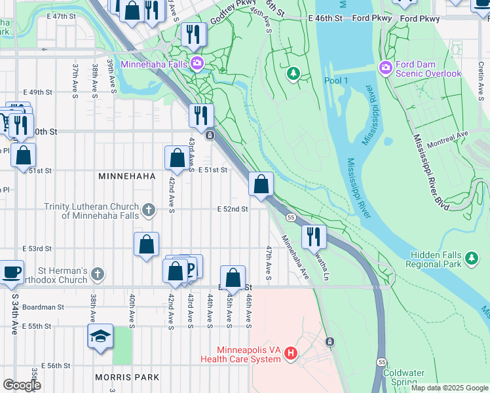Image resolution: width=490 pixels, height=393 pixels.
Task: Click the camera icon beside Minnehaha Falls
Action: pos(196,64)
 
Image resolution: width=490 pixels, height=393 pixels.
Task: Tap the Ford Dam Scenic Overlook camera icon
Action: pos(385,67)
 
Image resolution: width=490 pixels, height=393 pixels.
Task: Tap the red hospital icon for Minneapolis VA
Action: pos(291,354)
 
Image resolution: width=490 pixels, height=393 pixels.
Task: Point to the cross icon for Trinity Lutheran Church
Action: pos(149,210)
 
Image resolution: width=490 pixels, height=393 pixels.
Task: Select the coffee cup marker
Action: pos(11,272)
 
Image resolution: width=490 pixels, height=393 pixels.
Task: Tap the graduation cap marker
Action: pos(100,337)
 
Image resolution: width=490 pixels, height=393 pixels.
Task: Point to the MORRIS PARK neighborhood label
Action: pos(127,377)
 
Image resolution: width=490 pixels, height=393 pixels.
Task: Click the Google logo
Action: pos(22,384)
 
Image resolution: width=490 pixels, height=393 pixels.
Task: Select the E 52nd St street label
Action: pos(233,209)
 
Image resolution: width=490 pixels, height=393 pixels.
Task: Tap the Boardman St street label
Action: pos(43,307)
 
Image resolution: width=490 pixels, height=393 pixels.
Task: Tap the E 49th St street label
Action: pos(37,92)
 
